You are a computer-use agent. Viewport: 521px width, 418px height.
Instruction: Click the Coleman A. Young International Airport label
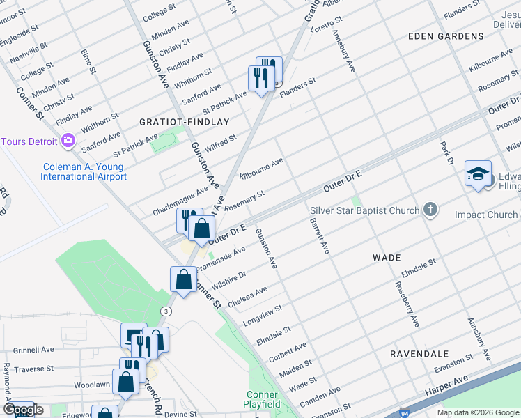[x=84, y=171]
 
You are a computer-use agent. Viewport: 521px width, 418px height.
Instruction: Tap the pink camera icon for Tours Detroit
[x=68, y=141]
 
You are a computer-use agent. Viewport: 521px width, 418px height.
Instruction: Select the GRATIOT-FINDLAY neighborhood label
[x=174, y=121]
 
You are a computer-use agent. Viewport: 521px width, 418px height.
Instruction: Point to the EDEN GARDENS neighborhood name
[x=446, y=36]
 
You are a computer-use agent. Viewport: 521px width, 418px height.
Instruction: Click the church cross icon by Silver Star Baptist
[x=431, y=210]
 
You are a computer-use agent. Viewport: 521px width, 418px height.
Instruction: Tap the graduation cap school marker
[x=479, y=175]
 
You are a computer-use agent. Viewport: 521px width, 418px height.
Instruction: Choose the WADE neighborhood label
[x=387, y=258]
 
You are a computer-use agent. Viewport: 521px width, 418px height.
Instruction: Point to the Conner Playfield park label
[x=262, y=399]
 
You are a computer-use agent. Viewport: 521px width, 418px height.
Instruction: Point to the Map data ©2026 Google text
[x=477, y=412]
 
